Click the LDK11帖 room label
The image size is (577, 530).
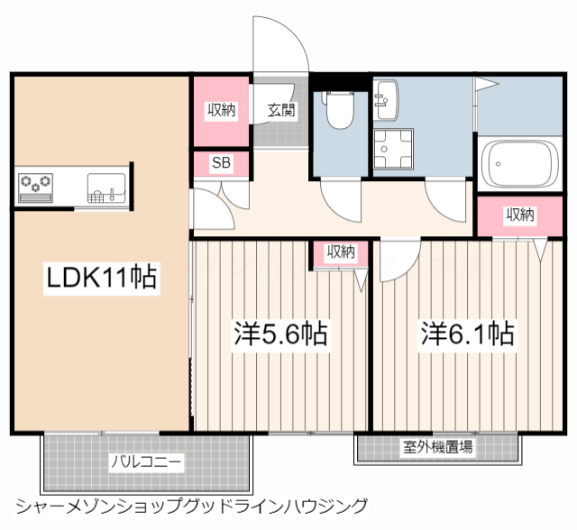(102, 278)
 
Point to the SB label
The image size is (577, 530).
(220, 163)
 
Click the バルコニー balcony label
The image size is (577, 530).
(146, 462)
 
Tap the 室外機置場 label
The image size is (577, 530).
(438, 446)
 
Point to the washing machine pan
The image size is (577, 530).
(393, 150)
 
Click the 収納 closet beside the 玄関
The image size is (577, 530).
(222, 111)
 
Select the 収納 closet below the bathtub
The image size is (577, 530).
(519, 215)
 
